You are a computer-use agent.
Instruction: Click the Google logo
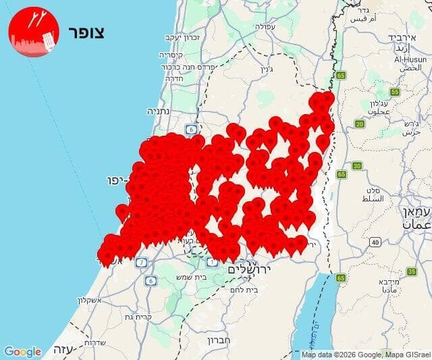tap(22, 352)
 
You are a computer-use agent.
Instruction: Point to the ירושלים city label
tap(249, 269)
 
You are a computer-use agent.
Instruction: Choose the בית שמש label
tap(192, 278)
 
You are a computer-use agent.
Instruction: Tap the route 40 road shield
tap(375, 242)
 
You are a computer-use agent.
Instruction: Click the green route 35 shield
tap(411, 271)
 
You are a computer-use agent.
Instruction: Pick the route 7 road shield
tap(141, 262)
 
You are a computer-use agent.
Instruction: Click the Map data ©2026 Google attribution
tap(365, 355)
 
